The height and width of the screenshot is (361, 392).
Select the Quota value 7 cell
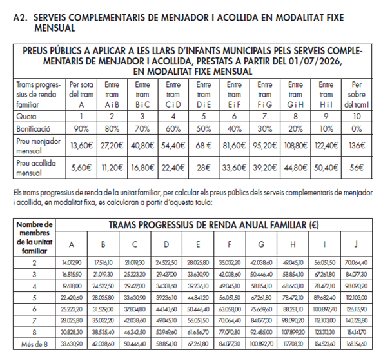click(x=264, y=115)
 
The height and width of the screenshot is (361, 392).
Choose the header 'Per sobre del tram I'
click(x=356, y=93)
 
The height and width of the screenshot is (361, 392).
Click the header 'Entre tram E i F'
click(x=234, y=93)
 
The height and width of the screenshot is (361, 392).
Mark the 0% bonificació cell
click(x=356, y=128)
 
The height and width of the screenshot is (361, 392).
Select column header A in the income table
click(x=71, y=244)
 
